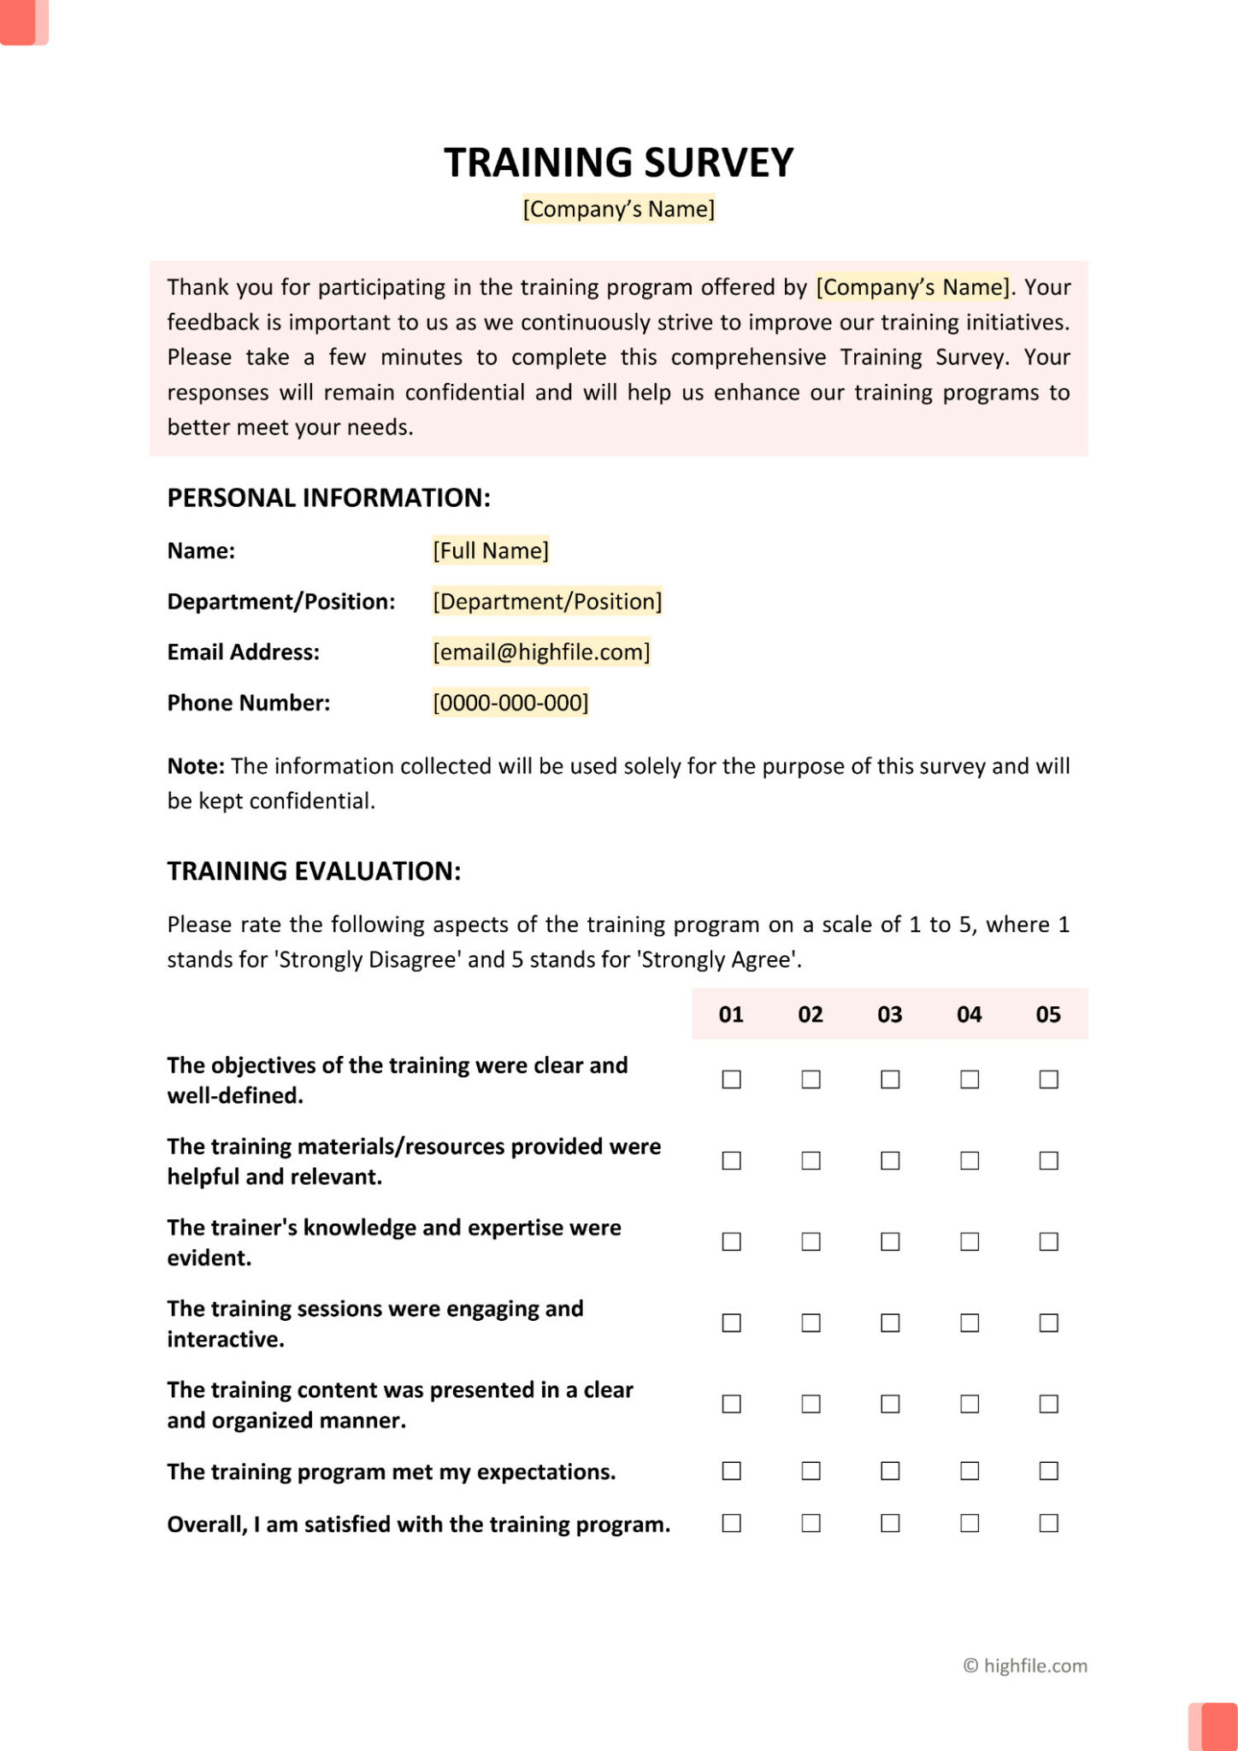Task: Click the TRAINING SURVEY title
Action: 618,162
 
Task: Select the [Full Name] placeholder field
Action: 490,551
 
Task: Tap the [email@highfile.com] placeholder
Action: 541,652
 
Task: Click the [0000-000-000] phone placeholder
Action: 510,703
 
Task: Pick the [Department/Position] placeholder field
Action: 547,602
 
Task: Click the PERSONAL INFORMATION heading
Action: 328,498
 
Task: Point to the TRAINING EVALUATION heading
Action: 314,871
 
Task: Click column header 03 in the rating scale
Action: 889,1015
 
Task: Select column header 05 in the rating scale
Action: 1048,1015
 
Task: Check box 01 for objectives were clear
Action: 731,1080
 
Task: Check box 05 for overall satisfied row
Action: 1048,1524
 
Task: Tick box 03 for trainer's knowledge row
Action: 890,1241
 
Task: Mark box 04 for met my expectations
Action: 969,1471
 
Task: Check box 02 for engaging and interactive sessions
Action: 811,1323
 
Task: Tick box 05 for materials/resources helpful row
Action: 1048,1160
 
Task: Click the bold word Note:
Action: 196,766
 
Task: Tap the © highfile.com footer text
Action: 1025,1666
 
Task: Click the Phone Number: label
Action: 248,703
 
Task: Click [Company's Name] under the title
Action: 618,209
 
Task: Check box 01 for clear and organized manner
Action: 731,1404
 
